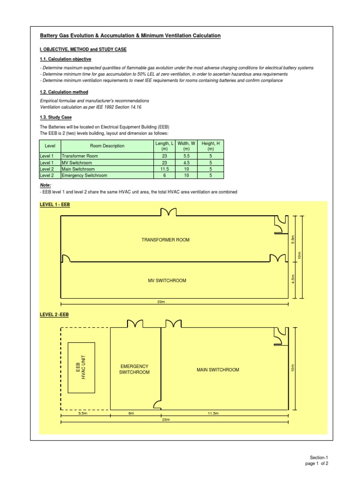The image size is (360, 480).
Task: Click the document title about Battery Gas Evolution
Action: (x=130, y=36)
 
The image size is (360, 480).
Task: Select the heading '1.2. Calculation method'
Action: (x=64, y=92)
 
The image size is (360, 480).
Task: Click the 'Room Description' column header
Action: (x=107, y=146)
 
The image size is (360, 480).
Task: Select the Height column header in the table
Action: (x=210, y=146)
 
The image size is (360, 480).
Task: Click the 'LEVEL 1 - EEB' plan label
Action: (x=55, y=205)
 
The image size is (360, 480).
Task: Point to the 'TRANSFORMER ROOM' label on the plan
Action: (x=165, y=240)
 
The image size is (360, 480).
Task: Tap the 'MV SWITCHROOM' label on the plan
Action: (x=167, y=281)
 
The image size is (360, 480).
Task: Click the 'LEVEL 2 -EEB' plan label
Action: (x=54, y=314)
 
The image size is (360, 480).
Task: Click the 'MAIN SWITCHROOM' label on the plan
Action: (x=218, y=370)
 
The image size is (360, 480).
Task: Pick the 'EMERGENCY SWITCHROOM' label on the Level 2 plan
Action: (x=135, y=369)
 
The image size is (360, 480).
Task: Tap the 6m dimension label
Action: (x=131, y=413)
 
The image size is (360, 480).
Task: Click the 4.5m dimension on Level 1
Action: (x=292, y=280)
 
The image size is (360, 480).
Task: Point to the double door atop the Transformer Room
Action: (x=168, y=213)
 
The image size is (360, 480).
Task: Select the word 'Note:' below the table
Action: (x=45, y=186)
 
